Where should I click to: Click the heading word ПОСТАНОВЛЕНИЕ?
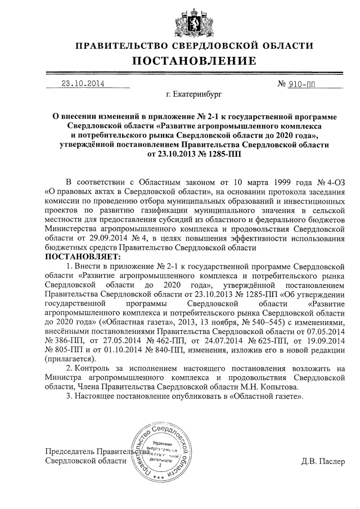click(x=180, y=60)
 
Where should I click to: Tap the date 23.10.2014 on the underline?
click(x=84, y=84)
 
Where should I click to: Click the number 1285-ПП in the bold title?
click(x=219, y=154)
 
